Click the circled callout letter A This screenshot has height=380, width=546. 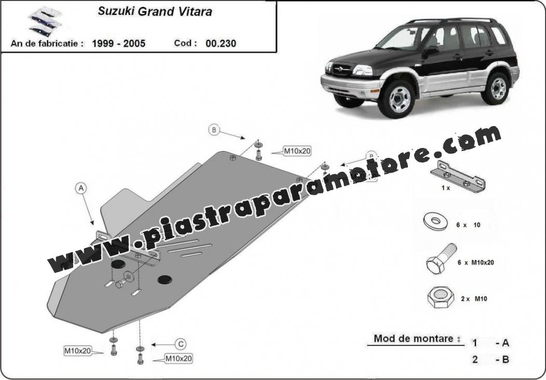[81, 188]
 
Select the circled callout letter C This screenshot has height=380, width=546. [181, 345]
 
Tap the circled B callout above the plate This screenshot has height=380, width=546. [214, 130]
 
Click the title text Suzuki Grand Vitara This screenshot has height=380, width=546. [155, 11]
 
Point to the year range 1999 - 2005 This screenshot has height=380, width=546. [119, 44]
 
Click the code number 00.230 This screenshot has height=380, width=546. [221, 44]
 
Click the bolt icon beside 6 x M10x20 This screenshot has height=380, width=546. [441, 259]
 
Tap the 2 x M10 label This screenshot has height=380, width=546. [474, 299]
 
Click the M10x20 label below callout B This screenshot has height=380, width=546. [297, 151]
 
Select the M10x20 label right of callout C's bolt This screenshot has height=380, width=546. [179, 358]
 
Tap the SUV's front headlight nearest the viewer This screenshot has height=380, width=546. [362, 70]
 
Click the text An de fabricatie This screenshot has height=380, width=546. [47, 44]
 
